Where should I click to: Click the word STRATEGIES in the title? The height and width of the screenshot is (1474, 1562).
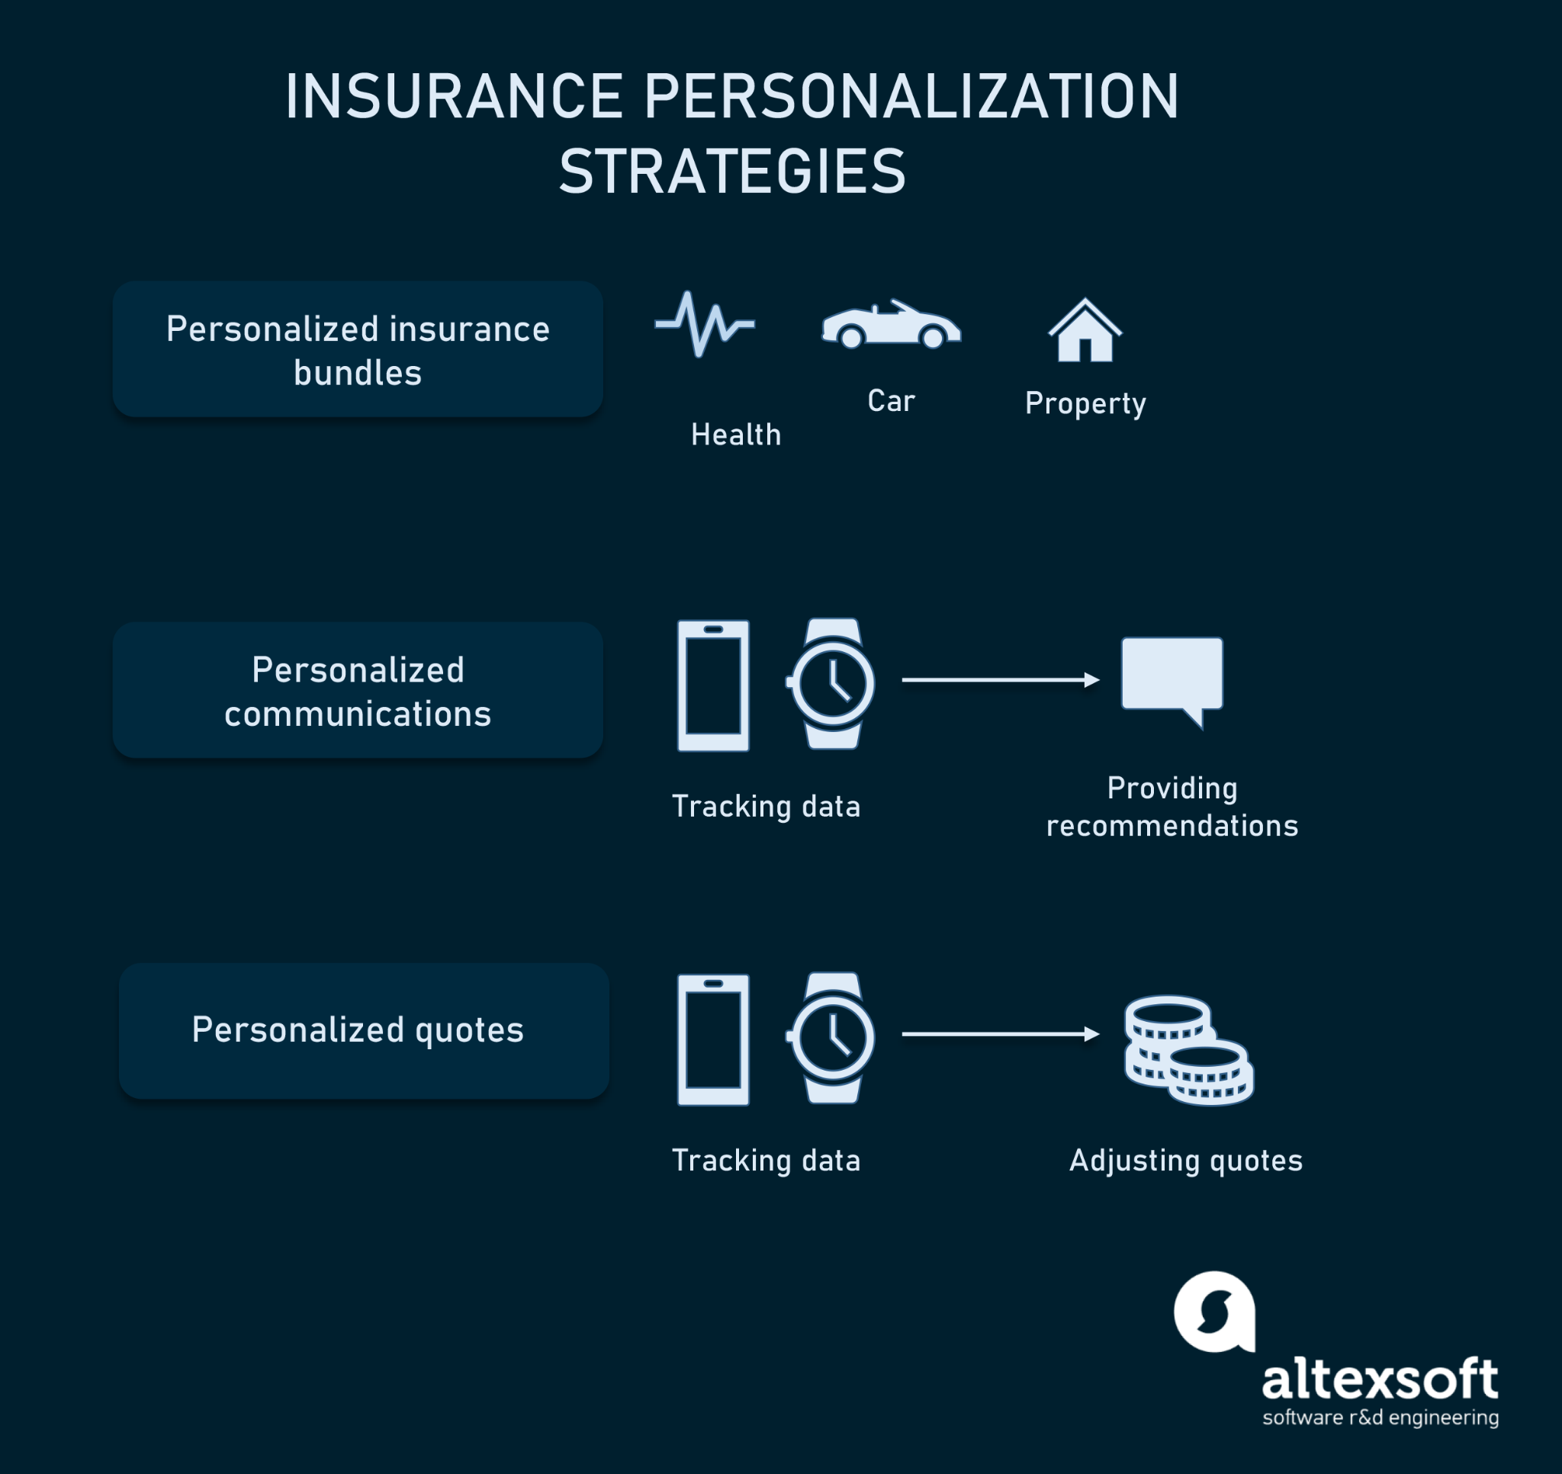(732, 172)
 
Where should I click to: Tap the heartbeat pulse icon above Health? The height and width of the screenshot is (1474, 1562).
(705, 324)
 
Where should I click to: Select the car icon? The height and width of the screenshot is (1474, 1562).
(891, 324)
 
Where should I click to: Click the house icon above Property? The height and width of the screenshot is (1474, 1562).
(1085, 330)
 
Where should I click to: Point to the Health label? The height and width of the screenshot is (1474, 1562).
(736, 435)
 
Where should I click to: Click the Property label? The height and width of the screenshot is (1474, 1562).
(1085, 404)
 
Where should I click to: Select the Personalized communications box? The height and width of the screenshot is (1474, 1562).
(358, 690)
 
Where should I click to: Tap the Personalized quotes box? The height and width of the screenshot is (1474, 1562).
(364, 1031)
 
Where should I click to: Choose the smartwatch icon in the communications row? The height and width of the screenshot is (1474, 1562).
(831, 683)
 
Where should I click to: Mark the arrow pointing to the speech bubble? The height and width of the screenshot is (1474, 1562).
(1000, 679)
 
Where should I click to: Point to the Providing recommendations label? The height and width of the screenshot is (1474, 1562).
(1171, 807)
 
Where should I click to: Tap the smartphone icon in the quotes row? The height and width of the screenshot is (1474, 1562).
(713, 1040)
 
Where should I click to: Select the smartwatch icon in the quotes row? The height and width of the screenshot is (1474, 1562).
(831, 1038)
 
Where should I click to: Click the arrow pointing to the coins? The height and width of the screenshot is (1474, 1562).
(1000, 1034)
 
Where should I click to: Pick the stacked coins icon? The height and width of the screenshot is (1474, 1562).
(1189, 1051)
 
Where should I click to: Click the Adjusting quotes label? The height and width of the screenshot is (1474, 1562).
(1186, 1161)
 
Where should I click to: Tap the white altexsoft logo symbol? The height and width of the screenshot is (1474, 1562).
(1215, 1312)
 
